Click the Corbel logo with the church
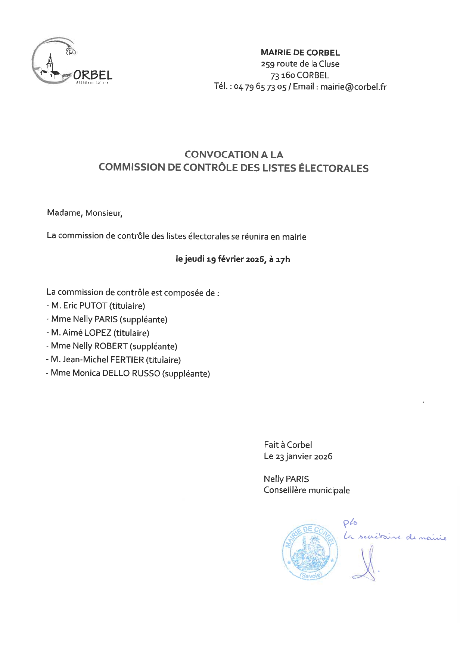pyautogui.click(x=71, y=62)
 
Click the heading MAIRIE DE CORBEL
pyautogui.click(x=300, y=53)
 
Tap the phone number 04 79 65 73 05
pyautogui.click(x=260, y=87)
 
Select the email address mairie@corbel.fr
pyautogui.click(x=353, y=87)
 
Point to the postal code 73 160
pyautogui.click(x=283, y=75)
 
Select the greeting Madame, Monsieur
pyautogui.click(x=84, y=213)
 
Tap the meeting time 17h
pyautogui.click(x=283, y=259)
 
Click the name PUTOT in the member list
pyautogui.click(x=93, y=306)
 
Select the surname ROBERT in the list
pyautogui.click(x=111, y=346)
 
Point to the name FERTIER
pyautogui.click(x=125, y=360)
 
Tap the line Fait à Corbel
pyautogui.click(x=288, y=445)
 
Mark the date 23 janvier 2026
pyautogui.click(x=304, y=456)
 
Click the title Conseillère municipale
pyautogui.click(x=307, y=490)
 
